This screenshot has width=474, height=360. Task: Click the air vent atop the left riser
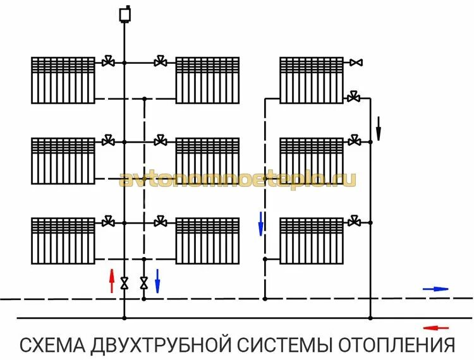click(x=124, y=14)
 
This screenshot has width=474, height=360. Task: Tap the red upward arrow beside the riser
click(x=112, y=281)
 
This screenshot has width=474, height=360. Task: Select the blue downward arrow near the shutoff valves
click(x=157, y=281)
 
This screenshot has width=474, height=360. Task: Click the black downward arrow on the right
click(x=379, y=128)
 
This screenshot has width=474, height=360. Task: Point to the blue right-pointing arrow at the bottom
click(x=435, y=289)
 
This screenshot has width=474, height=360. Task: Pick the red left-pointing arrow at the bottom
click(x=435, y=328)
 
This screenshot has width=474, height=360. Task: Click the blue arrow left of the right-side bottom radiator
click(x=260, y=224)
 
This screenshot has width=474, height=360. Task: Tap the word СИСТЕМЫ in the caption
click(x=285, y=345)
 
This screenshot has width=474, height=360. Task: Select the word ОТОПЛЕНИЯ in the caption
click(x=398, y=345)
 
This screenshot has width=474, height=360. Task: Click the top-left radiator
click(x=63, y=80)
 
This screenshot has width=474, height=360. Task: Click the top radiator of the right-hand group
click(x=312, y=80)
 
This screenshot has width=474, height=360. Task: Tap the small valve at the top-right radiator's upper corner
click(x=357, y=63)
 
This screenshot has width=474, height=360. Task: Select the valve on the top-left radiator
click(x=109, y=62)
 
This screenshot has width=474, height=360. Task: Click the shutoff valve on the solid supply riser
click(x=124, y=283)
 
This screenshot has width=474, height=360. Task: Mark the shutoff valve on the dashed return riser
click(x=144, y=283)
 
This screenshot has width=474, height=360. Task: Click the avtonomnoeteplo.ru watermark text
click(x=238, y=179)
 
